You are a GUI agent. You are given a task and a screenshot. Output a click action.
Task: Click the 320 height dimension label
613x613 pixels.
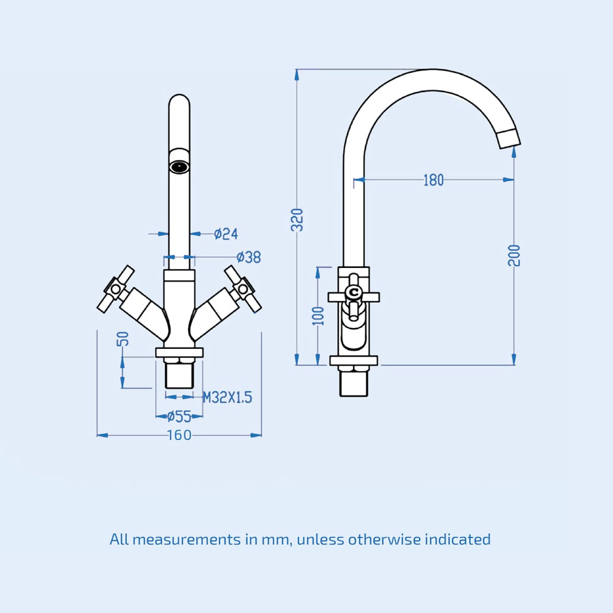(297, 219)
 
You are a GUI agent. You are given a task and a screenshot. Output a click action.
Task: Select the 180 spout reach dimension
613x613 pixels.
(433, 180)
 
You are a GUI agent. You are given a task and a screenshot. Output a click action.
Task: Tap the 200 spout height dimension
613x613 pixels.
(514, 254)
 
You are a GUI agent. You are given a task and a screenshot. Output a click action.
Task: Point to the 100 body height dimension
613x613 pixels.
(318, 316)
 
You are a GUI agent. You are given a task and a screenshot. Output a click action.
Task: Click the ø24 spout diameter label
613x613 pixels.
(226, 234)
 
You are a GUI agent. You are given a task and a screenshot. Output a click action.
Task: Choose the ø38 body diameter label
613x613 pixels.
(248, 257)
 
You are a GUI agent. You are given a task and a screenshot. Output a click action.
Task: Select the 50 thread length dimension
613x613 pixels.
(123, 339)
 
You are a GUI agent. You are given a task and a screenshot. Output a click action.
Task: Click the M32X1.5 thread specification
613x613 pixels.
(227, 398)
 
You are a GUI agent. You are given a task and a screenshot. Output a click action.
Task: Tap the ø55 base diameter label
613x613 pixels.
(179, 417)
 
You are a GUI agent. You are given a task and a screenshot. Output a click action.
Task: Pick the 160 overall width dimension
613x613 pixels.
(179, 435)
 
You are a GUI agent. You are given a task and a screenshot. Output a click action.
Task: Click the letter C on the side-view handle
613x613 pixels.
(354, 294)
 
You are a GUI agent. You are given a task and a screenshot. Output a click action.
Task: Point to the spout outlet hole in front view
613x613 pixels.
(179, 166)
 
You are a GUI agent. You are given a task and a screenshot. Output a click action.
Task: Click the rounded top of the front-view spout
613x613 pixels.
(179, 101)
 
